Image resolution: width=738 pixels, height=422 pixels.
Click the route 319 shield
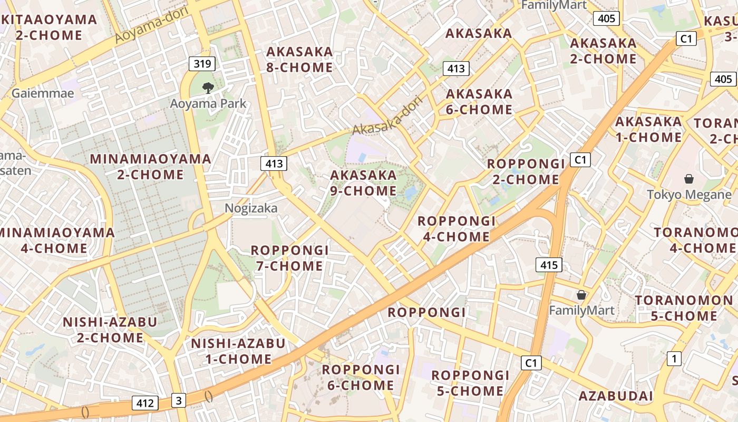(202, 64)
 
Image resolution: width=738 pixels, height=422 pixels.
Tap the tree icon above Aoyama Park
(208, 88)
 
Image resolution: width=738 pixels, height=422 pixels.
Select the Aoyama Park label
(208, 103)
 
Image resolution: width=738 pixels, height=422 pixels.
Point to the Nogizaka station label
(251, 208)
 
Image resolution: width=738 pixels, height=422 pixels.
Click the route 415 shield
(549, 265)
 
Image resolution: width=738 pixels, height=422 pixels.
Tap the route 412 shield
(145, 404)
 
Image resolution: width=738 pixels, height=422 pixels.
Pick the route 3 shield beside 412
(179, 400)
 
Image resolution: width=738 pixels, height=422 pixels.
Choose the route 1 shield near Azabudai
(674, 359)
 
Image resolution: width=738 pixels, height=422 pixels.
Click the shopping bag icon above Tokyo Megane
(688, 179)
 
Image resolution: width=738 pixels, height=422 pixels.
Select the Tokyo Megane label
(689, 195)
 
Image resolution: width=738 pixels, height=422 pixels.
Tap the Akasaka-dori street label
(388, 114)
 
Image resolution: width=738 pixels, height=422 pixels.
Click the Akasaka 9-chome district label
(364, 183)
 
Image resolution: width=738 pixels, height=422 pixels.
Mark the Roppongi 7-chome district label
(289, 258)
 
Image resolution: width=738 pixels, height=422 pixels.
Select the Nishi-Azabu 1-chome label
(238, 351)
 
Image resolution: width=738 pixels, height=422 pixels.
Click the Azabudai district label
(616, 396)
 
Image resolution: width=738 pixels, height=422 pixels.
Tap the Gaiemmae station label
(43, 93)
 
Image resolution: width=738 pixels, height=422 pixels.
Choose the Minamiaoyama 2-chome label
(150, 167)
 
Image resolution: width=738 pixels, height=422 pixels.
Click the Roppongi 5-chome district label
(470, 383)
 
